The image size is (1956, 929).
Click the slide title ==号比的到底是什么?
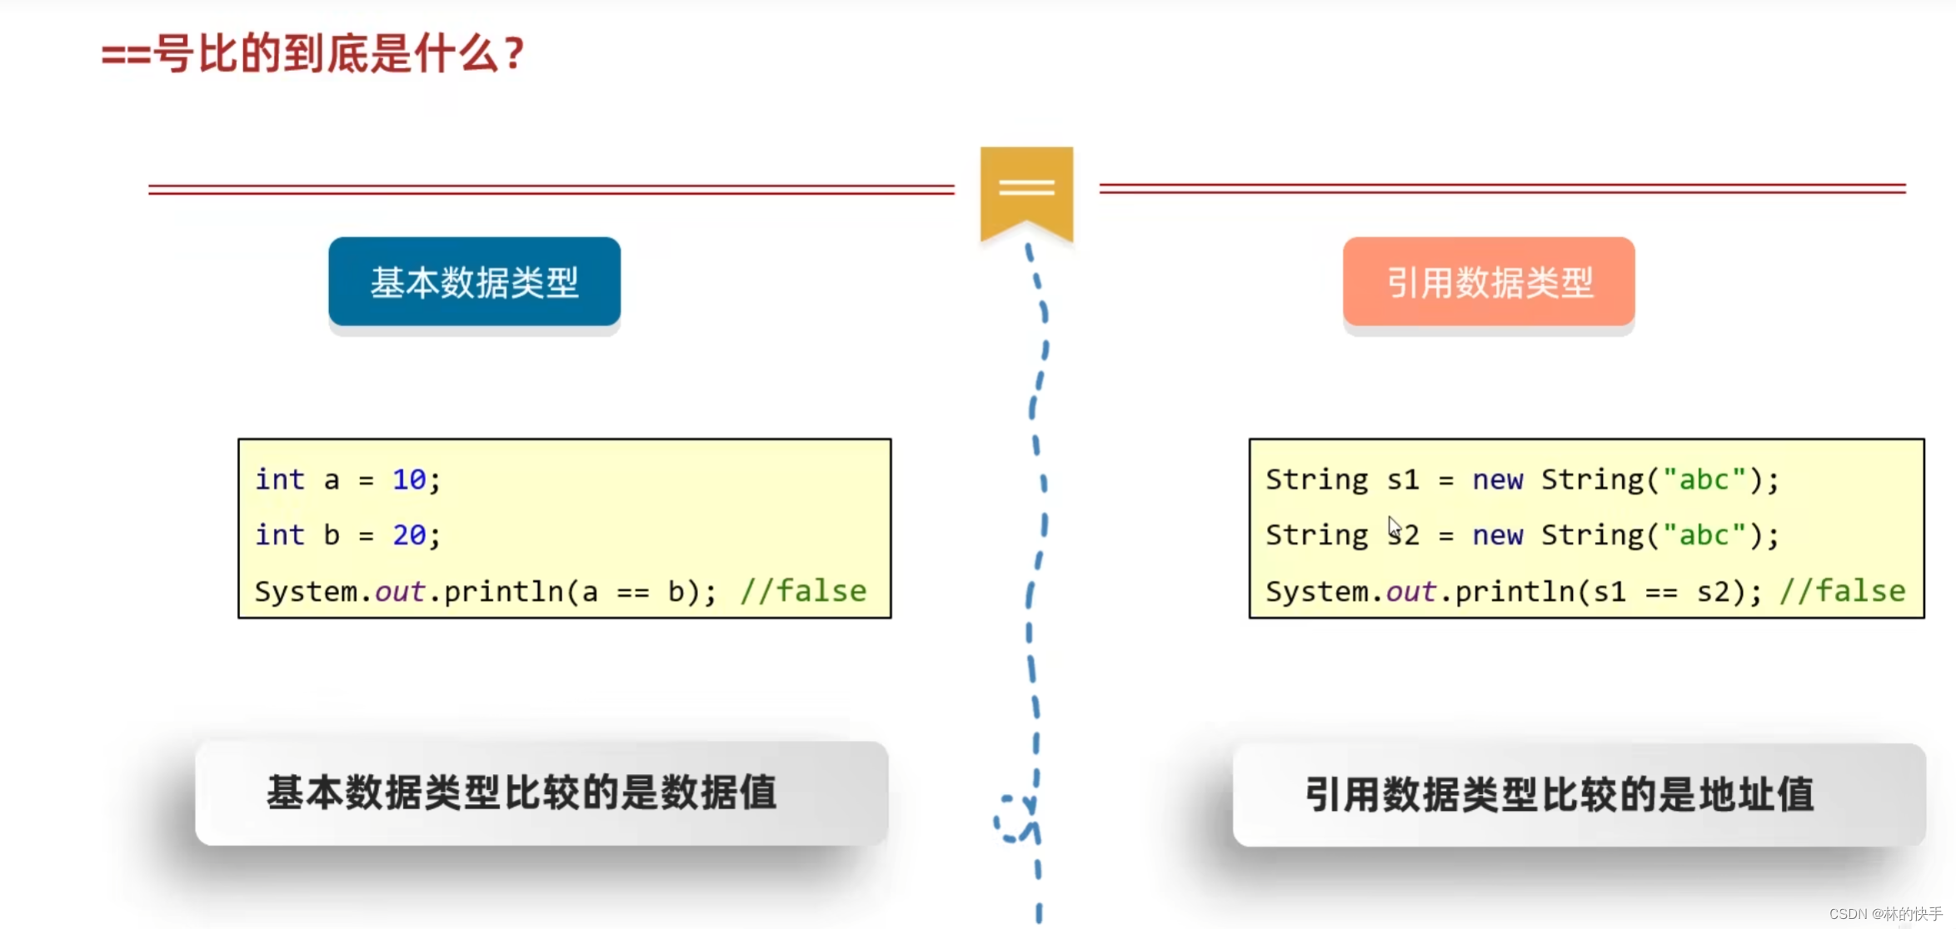tap(312, 55)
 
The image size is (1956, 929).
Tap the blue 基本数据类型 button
tap(474, 282)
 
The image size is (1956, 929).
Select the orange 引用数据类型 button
tap(1489, 282)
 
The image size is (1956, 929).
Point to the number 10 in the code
tap(409, 479)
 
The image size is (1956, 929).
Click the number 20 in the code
tap(409, 534)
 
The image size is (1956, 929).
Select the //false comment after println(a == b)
tap(803, 591)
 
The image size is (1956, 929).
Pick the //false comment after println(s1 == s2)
tap(1842, 591)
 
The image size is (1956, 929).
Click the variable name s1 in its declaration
tap(1402, 479)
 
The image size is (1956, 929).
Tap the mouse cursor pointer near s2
tap(1394, 528)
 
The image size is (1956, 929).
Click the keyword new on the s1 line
tap(1497, 479)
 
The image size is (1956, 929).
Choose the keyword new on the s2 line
tap(1497, 534)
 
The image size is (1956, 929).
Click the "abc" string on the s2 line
tap(1704, 534)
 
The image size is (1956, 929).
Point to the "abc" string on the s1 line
tap(1704, 479)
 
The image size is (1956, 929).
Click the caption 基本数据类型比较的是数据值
tap(521, 792)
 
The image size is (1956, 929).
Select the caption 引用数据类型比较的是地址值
tap(1559, 794)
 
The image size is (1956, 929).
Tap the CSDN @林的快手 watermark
tap(1885, 914)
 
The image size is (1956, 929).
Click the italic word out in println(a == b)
tap(400, 591)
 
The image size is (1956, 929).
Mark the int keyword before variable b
tap(280, 534)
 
